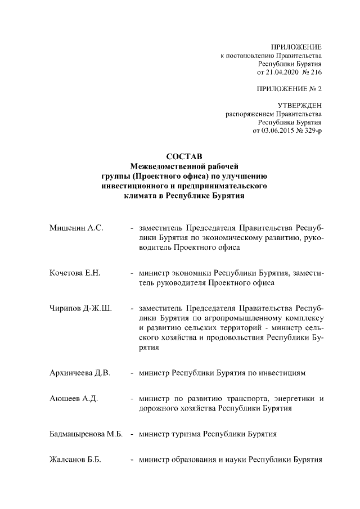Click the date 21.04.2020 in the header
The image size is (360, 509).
(285, 73)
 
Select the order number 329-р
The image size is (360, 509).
(309, 130)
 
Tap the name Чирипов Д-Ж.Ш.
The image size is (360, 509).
(80, 308)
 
